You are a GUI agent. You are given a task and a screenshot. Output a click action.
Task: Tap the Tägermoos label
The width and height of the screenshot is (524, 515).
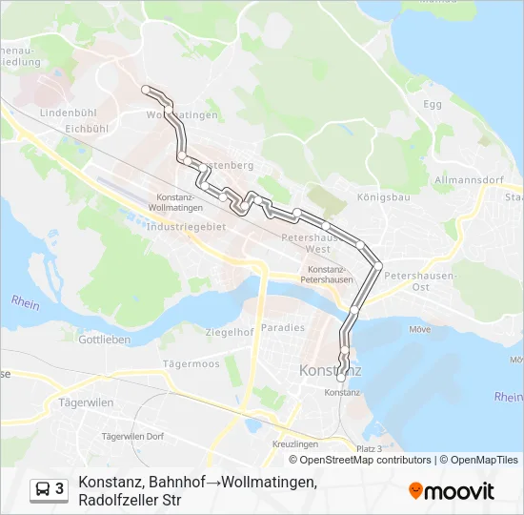click(191, 363)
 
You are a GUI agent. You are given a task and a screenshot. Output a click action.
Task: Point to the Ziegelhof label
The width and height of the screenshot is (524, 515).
click(230, 332)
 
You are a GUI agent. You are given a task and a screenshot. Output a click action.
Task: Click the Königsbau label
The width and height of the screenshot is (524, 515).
click(383, 198)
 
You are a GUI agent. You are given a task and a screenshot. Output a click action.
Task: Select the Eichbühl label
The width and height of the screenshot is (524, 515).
click(90, 127)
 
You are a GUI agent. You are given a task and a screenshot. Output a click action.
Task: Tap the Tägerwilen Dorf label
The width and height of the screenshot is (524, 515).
click(133, 437)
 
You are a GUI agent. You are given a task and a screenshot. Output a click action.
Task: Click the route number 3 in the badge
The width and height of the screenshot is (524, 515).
click(60, 489)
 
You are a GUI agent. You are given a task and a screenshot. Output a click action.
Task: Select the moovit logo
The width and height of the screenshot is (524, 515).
click(452, 491)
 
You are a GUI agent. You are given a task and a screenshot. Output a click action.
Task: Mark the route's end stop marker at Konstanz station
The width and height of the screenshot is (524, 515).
click(341, 379)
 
